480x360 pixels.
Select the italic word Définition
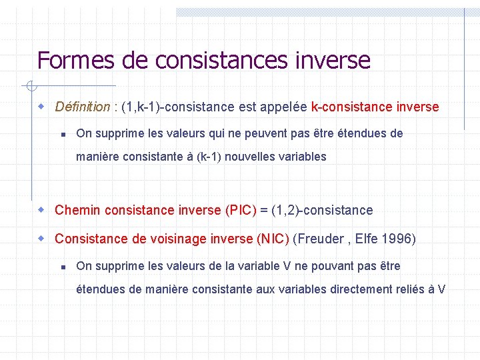[82, 107]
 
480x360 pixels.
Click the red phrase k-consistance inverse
[375, 107]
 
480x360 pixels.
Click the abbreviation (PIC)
[241, 210]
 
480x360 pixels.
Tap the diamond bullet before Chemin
[41, 210]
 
